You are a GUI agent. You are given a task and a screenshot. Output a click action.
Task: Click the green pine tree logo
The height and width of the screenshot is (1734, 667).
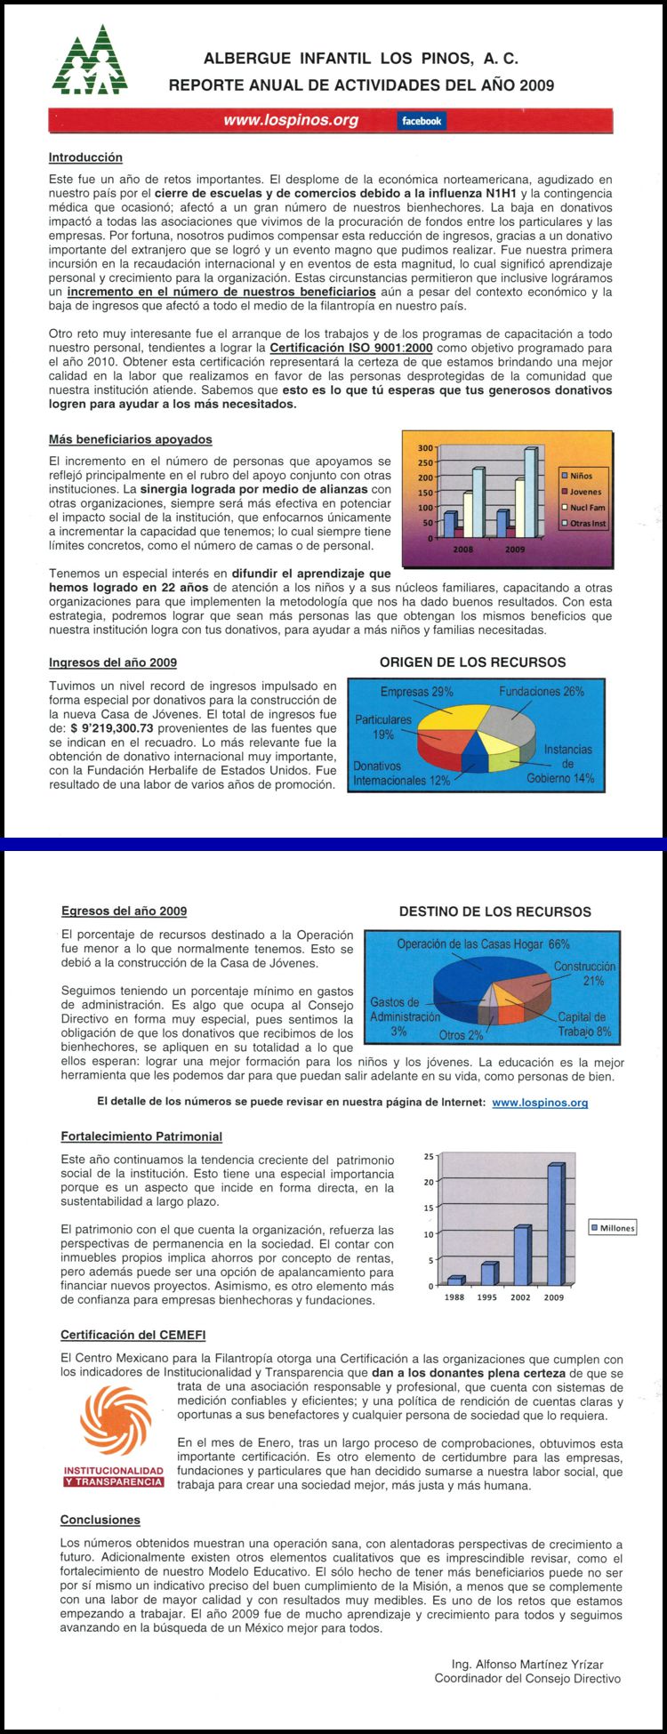pos(90,60)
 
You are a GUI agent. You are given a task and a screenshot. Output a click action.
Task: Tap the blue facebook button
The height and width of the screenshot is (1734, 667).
pos(422,121)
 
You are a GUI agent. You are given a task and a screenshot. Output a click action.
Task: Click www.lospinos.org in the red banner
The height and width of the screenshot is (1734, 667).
pos(291,120)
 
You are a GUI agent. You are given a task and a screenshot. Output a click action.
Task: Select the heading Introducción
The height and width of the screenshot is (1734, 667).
pos(85,157)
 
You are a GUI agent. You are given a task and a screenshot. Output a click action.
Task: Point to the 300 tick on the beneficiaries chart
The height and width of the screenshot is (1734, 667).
pos(425,448)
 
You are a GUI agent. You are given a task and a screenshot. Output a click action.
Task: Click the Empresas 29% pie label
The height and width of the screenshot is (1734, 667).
pos(416,692)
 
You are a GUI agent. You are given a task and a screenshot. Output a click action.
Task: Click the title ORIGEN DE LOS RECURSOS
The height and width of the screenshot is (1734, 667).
pos(472,662)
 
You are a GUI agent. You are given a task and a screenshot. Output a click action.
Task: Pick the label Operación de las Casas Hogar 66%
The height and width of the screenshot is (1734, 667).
pos(483,944)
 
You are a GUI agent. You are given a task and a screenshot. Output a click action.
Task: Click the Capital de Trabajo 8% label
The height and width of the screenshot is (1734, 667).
pos(583,1024)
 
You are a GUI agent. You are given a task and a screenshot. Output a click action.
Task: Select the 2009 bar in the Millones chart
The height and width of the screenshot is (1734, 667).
pos(555,1224)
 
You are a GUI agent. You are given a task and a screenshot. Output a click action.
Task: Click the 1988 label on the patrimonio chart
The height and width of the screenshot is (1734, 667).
pos(454,1297)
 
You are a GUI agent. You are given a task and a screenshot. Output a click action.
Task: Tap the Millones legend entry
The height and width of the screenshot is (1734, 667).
pos(613,1228)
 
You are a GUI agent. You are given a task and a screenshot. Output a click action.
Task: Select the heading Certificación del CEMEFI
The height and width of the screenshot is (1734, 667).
pos(134,1335)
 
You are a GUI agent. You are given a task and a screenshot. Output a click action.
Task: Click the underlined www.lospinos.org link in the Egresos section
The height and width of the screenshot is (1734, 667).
pos(540,1103)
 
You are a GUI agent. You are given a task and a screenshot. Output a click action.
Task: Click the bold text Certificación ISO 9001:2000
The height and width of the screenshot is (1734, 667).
pos(351,348)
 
